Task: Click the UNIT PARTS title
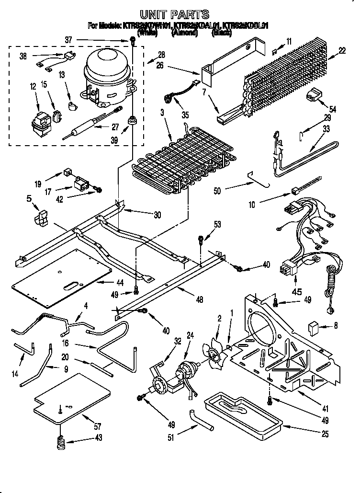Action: (x=174, y=14)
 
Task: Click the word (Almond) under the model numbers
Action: (x=184, y=34)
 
